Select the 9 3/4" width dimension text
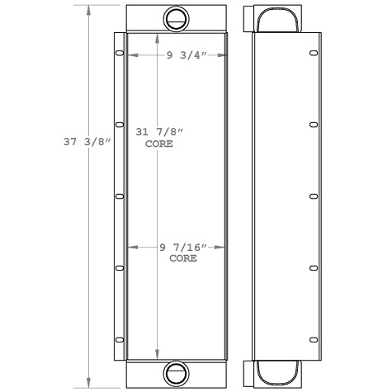point(185,55)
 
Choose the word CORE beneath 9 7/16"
point(182,258)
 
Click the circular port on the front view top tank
point(176,17)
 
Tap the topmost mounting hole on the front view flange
point(119,54)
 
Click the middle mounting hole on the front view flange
point(119,196)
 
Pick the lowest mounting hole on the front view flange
point(119,338)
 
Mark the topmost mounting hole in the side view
point(312,54)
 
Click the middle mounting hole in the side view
point(312,196)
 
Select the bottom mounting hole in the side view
point(312,338)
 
